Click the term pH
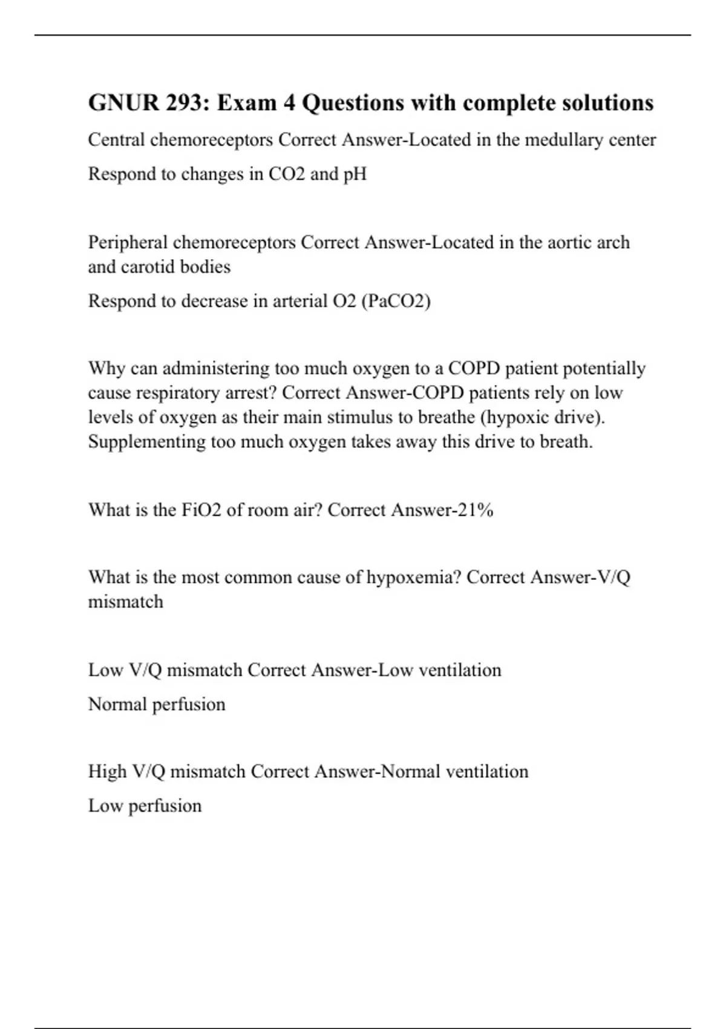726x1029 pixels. (355, 174)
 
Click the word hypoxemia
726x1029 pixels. (414, 577)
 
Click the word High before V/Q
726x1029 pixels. (107, 772)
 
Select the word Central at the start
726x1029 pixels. (116, 140)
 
